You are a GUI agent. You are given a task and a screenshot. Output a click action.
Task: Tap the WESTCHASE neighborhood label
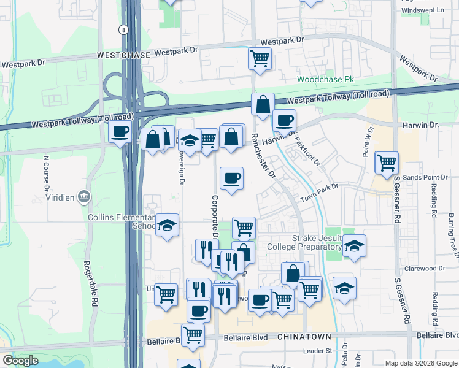coord(123,55)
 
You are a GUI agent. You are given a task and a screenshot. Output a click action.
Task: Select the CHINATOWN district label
coord(304,337)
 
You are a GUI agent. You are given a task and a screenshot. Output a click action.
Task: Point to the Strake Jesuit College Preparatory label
coord(316,242)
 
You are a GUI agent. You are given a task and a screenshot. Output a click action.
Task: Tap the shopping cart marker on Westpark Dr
coord(260,59)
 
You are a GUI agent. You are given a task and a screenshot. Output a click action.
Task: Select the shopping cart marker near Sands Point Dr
coord(386,163)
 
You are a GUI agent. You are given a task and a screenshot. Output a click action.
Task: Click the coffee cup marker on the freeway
coord(120,131)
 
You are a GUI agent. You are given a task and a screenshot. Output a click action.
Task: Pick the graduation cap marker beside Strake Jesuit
coord(354,246)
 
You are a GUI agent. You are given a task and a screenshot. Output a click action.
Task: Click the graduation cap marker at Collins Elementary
coord(167,225)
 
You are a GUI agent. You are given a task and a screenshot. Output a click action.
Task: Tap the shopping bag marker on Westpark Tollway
coord(263,104)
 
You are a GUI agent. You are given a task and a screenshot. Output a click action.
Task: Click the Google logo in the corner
coord(20,361)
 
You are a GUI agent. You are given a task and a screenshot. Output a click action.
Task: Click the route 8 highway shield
coord(124,29)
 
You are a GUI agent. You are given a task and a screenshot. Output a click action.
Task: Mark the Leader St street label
coord(318,351)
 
